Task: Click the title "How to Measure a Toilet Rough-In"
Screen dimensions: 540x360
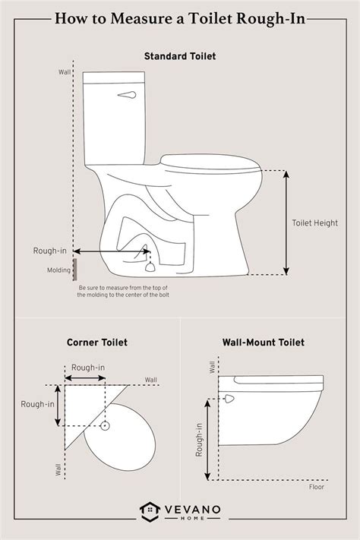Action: pyautogui.click(x=180, y=18)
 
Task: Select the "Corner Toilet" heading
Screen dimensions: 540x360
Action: pyautogui.click(x=96, y=343)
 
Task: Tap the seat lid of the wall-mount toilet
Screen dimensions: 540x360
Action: pyautogui.click(x=277, y=381)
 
